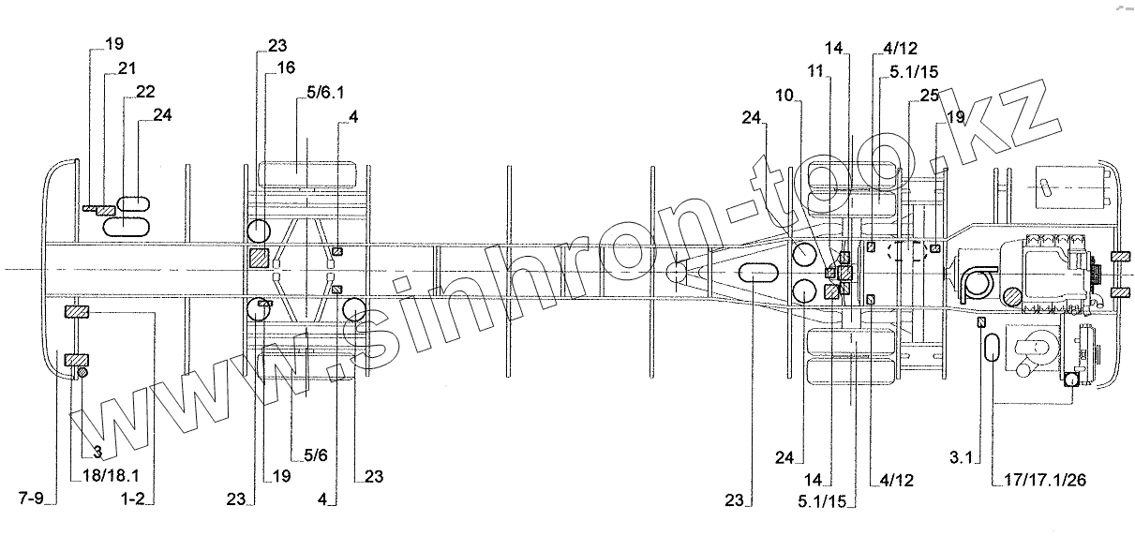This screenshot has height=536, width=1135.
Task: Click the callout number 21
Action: tap(127, 67)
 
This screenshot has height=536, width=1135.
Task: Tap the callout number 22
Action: tap(145, 92)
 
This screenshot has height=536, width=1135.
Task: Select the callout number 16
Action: tap(286, 67)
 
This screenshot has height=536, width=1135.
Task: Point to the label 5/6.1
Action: tap(325, 92)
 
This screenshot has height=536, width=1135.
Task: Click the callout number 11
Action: tap(815, 71)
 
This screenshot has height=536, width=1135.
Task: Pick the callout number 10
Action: tap(784, 95)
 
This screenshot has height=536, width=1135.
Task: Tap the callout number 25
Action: tap(930, 96)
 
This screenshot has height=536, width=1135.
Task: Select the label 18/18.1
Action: tap(111, 476)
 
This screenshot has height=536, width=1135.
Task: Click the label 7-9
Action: tap(32, 499)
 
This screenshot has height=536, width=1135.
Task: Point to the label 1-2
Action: tap(133, 499)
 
